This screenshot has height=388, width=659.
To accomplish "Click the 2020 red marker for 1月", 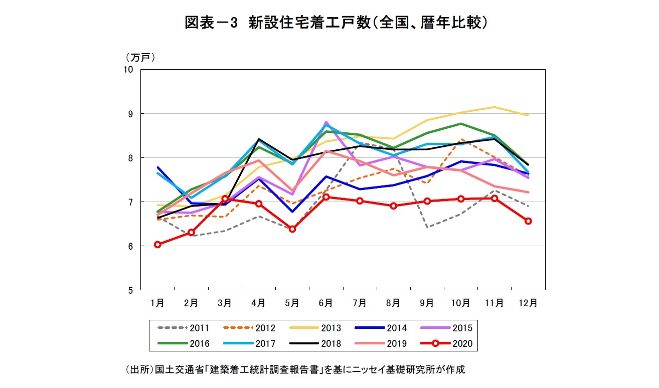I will [157, 245].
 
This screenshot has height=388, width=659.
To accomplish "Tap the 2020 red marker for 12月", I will [528, 221].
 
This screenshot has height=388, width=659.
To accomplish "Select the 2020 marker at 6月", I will [326, 197].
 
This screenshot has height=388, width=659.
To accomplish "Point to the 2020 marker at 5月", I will [292, 229].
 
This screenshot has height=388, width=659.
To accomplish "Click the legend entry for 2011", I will [183, 328].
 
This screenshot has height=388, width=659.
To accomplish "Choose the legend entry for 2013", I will [315, 328].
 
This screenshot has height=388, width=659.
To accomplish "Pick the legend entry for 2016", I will [183, 344].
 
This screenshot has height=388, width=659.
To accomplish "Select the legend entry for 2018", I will [315, 344].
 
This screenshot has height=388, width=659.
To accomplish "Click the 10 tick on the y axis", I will [128, 69].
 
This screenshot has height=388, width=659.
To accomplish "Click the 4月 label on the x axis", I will [258, 303].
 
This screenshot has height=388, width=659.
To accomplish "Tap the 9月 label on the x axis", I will [427, 303].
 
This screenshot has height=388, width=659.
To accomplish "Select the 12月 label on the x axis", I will [528, 303].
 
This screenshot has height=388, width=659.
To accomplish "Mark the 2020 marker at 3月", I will [225, 199].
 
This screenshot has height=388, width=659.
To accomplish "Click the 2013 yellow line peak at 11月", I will [494, 107].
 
